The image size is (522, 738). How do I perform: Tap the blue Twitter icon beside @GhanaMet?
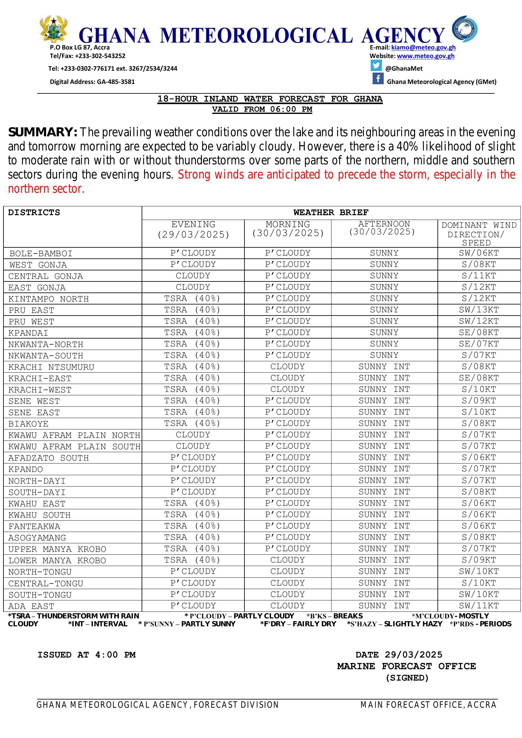coord(376,65)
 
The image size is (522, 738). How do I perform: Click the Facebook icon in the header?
coord(378,79)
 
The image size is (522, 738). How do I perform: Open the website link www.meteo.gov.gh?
coord(425,56)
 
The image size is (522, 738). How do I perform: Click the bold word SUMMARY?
coord(43,132)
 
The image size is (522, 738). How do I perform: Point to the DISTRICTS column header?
coord(34,213)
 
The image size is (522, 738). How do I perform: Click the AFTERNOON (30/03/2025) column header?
coord(384,228)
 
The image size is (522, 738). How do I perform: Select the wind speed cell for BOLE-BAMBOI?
coord(478,253)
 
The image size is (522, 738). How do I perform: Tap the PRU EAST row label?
coord(31,310)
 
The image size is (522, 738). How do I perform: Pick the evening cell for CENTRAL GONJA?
coord(193,276)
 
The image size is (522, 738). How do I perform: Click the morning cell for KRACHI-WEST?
coord(287,389)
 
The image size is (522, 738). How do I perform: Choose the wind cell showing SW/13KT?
coord(478,310)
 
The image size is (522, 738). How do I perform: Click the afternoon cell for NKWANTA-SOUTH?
coord(384,355)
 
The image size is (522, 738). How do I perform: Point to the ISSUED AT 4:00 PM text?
coord(86,655)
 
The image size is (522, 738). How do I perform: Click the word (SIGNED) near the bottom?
coord(407,678)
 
